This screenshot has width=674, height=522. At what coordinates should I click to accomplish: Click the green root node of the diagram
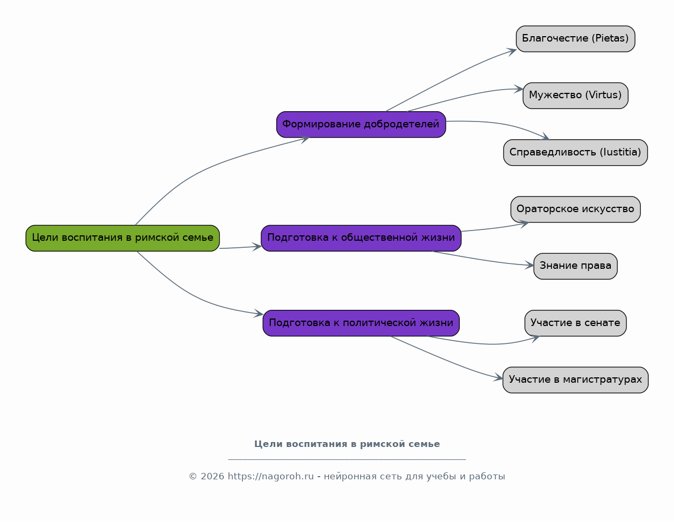coord(122,238)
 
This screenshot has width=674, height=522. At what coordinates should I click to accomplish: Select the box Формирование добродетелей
coord(361,124)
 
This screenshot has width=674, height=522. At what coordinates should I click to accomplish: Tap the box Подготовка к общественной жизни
coord(361,238)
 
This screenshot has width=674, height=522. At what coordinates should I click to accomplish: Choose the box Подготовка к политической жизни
coord(361,323)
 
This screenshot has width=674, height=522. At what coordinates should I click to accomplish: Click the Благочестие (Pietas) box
coord(575,39)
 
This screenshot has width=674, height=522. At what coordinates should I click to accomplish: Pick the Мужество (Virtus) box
coord(575,96)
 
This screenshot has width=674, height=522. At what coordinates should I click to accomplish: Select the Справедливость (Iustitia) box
coord(575,152)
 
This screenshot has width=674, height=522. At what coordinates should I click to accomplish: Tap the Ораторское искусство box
coord(575,209)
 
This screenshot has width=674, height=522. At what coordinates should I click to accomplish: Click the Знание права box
coord(575,266)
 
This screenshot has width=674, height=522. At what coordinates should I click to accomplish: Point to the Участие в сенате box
coord(575,323)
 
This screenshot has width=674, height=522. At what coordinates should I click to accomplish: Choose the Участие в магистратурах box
coord(575,380)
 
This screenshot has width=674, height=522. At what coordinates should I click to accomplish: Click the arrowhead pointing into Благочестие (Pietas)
coord(512,51)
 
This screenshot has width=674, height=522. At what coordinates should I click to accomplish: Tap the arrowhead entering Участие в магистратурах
coord(498,377)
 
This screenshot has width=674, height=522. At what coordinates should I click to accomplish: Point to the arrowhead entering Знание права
coord(529,265)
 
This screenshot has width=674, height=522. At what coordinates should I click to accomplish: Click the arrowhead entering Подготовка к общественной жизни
coord(257,247)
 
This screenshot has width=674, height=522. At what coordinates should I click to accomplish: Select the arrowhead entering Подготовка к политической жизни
coord(258,313)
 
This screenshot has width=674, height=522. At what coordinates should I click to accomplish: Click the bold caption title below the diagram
coord(347,444)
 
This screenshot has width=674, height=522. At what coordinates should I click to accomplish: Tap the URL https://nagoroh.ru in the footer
coord(271,477)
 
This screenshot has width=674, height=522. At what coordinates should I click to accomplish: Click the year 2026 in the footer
coord(212,477)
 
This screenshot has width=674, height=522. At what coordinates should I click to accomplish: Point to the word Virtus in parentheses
coord(603,95)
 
